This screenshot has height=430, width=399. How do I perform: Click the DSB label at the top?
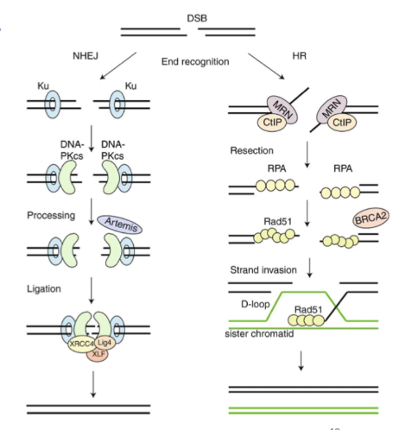[x=197, y=18]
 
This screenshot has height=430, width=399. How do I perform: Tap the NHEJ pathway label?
[x=85, y=55]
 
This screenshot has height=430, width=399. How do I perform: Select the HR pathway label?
[x=300, y=55]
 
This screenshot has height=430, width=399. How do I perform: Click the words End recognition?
[x=195, y=61]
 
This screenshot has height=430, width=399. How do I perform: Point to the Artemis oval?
[x=120, y=224]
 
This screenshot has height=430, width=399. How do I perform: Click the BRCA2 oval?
[x=370, y=218]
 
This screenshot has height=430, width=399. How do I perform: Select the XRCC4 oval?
[x=81, y=344]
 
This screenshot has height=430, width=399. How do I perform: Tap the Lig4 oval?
[x=104, y=343]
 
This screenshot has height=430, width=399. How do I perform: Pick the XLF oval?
[x=98, y=354]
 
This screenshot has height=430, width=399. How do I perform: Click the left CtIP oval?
[x=272, y=123]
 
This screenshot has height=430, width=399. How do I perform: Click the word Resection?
[x=251, y=150]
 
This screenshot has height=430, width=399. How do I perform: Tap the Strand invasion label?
[x=263, y=270]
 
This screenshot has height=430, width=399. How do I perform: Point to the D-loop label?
[x=256, y=304]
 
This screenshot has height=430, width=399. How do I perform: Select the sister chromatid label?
[x=259, y=334]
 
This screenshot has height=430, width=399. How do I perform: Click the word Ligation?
[x=44, y=288]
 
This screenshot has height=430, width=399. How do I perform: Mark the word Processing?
[x=51, y=215]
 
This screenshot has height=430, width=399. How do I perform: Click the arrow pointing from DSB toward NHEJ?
[x=118, y=66]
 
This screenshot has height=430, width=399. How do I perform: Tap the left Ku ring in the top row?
[x=53, y=104]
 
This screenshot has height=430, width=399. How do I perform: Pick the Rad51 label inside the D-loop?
[x=308, y=310]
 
